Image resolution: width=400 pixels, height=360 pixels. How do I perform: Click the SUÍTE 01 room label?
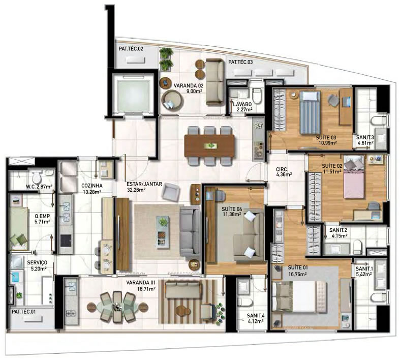(298, 267)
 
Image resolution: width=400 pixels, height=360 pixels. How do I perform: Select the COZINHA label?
(92, 186)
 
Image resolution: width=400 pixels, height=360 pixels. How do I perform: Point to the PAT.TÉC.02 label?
(131, 49)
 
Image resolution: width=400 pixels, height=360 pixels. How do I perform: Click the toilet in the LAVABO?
(257, 96)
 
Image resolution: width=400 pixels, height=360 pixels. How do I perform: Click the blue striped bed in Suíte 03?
(310, 112)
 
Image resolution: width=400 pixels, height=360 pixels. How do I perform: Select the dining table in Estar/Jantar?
(209, 146)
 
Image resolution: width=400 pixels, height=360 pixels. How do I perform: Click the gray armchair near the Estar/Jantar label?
(171, 192)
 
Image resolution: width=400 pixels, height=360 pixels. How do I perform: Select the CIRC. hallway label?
(282, 169)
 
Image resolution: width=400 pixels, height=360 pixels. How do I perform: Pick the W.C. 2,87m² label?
(39, 187)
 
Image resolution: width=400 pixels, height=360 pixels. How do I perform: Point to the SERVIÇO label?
(37, 262)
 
